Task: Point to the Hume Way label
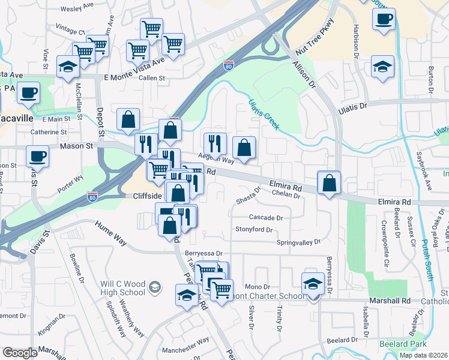click(111, 233)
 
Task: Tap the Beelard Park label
click(403, 344)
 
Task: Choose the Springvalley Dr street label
click(298, 242)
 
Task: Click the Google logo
click(20, 353)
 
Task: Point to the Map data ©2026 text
click(423, 355)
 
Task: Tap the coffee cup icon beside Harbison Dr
click(384, 18)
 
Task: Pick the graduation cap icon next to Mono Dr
click(313, 283)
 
